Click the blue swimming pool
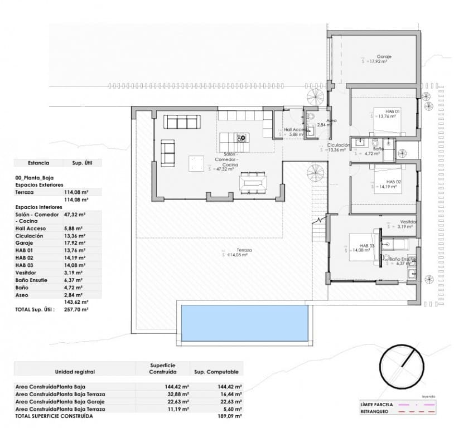pyautogui.click(x=245, y=323)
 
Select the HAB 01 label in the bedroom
pyautogui.click(x=393, y=111)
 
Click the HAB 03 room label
pyautogui.click(x=366, y=245)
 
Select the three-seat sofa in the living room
pyautogui.click(x=181, y=122)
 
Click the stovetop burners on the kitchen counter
pyautogui.click(x=242, y=138)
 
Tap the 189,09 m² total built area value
pyautogui.click(x=230, y=416)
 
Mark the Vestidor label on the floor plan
pyautogui.click(x=405, y=221)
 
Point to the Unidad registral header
pyautogui.click(x=74, y=372)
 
